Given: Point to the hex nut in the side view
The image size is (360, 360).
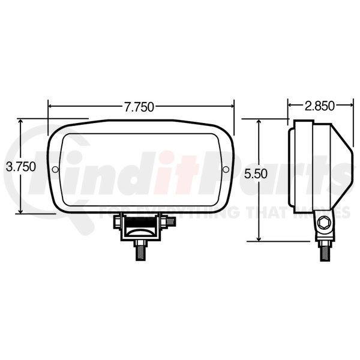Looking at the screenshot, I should tap(325, 223).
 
